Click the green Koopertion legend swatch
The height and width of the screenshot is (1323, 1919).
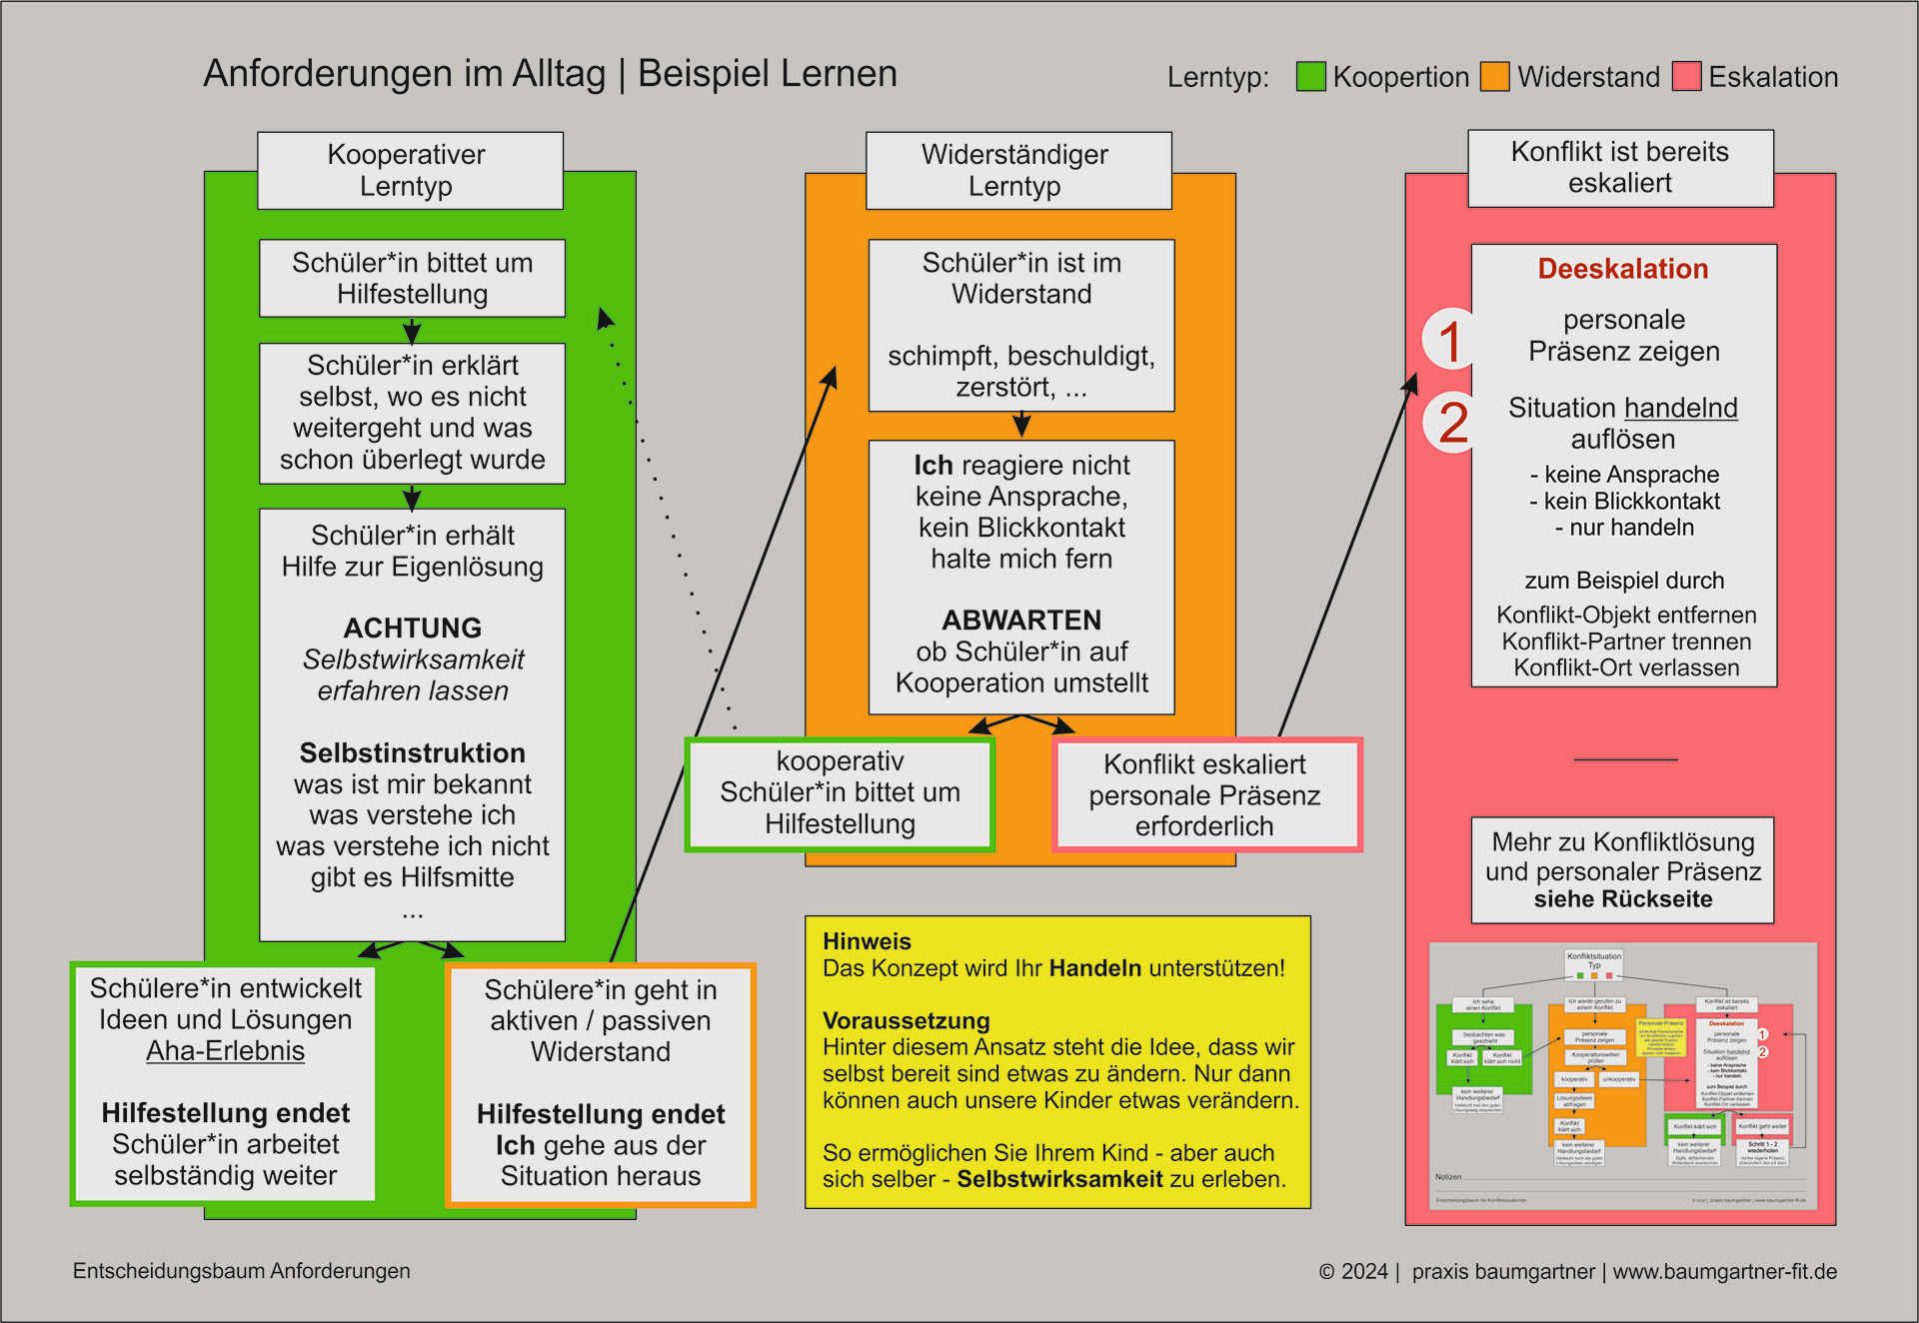click(x=1310, y=77)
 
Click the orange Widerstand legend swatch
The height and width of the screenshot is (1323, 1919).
click(x=1494, y=77)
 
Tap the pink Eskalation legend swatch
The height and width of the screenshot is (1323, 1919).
click(x=1687, y=77)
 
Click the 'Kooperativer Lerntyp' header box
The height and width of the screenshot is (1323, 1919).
click(x=410, y=170)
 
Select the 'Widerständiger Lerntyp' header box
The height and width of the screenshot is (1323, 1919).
click(x=1017, y=170)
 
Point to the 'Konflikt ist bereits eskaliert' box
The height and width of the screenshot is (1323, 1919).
click(x=1620, y=167)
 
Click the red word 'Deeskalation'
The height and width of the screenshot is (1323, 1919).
click(x=1622, y=269)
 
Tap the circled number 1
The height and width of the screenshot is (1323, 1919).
click(x=1450, y=341)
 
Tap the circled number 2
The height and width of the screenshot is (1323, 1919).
click(x=1452, y=423)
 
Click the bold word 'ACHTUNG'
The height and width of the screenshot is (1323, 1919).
click(x=413, y=628)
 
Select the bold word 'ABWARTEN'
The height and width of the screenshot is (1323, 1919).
click(x=1021, y=620)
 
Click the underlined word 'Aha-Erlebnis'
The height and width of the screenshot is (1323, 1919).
click(x=225, y=1051)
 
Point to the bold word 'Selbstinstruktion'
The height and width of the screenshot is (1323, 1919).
click(x=413, y=752)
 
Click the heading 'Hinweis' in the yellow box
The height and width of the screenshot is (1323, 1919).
click(x=867, y=941)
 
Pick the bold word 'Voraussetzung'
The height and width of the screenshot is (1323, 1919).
click(x=906, y=1021)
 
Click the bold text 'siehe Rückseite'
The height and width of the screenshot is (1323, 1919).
click(x=1622, y=899)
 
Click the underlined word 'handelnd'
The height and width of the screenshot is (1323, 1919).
click(x=1680, y=408)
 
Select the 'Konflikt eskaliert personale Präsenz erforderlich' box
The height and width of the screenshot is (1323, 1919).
click(x=1206, y=795)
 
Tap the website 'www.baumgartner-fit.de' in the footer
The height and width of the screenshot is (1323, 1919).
click(x=1724, y=1271)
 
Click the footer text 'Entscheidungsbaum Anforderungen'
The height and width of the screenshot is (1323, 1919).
click(x=242, y=1271)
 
